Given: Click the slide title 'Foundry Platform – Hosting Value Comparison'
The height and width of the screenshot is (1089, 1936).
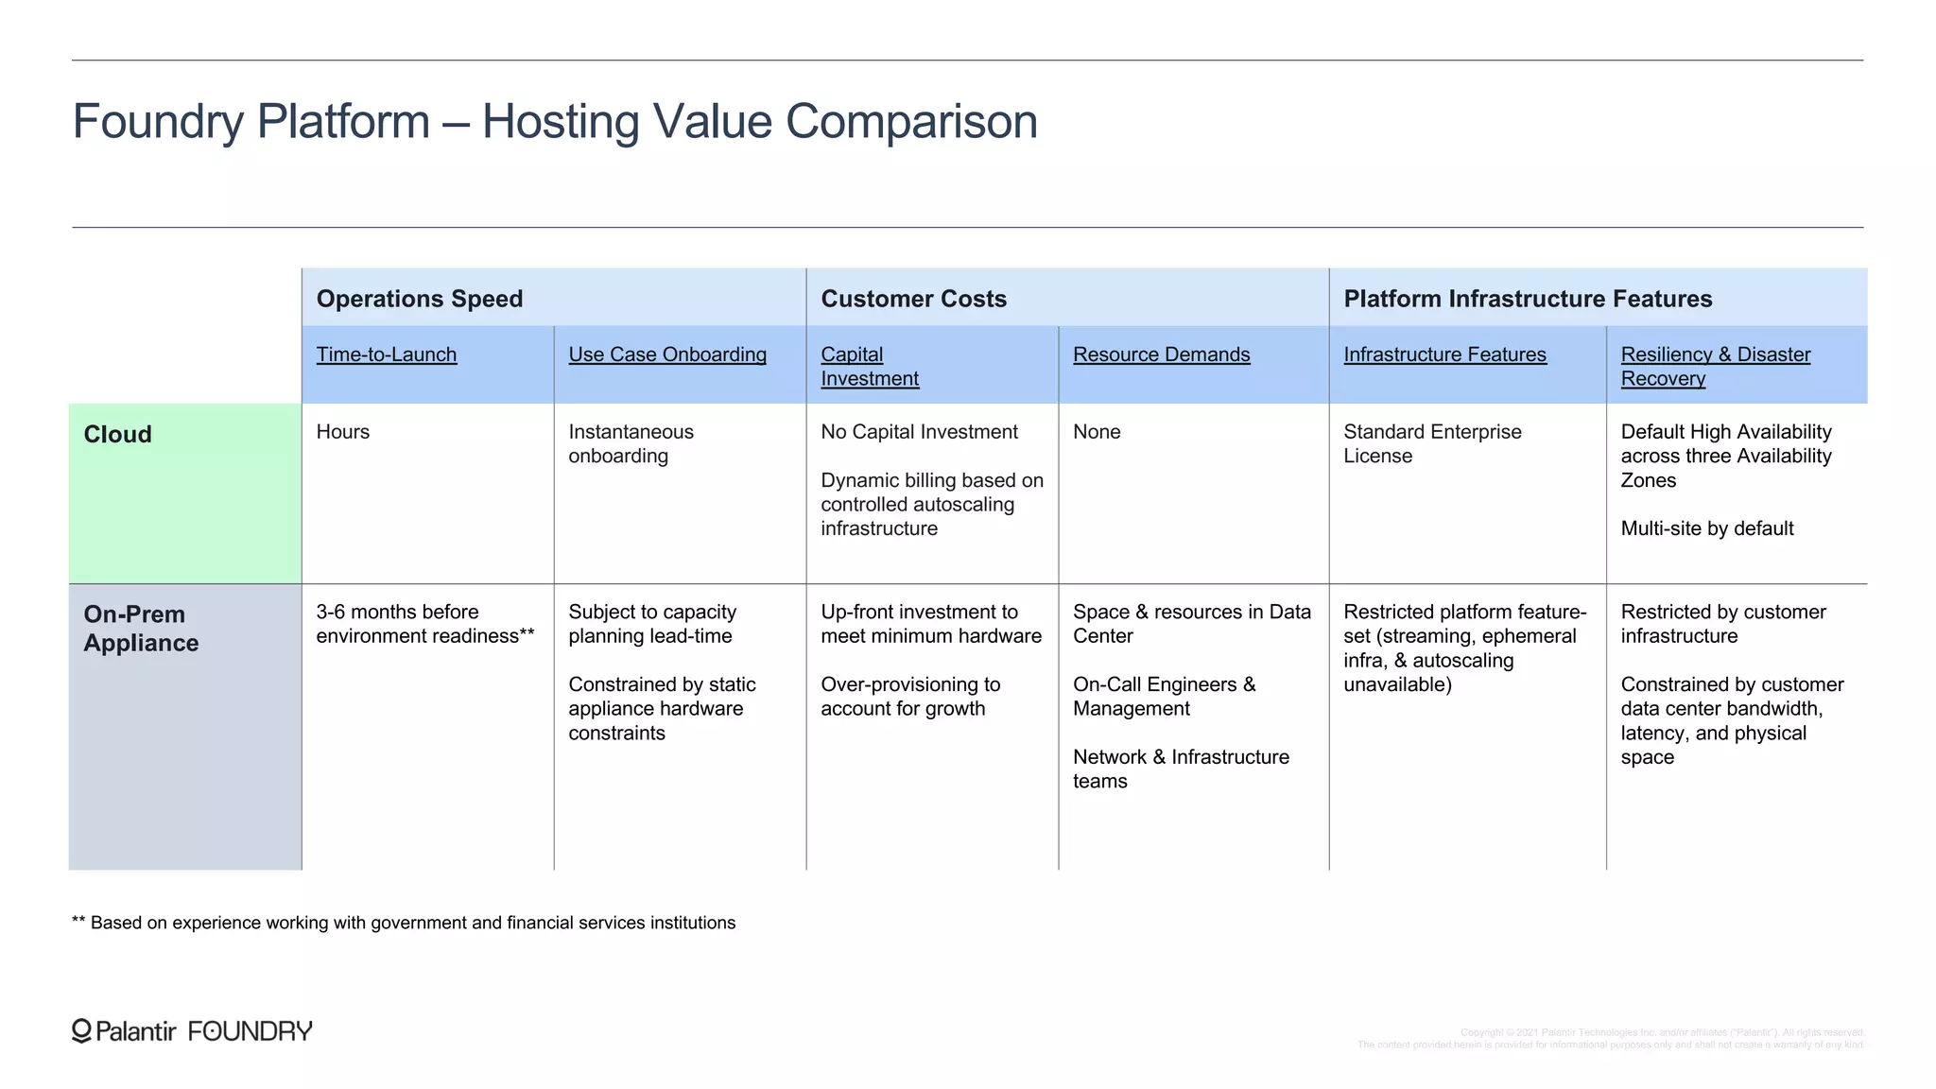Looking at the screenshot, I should [x=555, y=122].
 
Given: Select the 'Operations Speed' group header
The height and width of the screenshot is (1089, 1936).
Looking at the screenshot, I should [x=420, y=299].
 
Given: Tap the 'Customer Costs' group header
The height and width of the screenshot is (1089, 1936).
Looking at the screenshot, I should [x=913, y=299].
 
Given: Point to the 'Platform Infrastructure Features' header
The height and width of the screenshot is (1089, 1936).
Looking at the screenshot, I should [x=1528, y=299].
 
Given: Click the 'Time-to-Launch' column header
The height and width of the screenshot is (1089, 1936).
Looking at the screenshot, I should [x=387, y=354].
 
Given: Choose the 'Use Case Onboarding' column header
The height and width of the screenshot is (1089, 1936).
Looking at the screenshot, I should [x=667, y=354].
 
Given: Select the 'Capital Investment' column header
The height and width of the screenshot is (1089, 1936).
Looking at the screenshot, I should [x=870, y=366].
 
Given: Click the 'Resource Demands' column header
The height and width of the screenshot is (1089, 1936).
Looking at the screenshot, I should [x=1161, y=354].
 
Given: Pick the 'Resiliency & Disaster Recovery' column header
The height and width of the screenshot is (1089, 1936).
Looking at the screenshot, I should [x=1715, y=366].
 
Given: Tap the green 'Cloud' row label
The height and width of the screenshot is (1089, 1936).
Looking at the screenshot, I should [x=118, y=435].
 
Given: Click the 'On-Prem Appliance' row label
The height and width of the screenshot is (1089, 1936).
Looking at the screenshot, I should [x=141, y=629].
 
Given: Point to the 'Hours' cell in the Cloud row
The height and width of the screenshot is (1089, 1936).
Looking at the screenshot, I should [x=343, y=432].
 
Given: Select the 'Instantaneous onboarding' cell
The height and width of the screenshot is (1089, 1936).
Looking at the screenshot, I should [x=631, y=443].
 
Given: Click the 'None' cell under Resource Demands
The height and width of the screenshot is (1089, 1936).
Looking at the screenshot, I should [x=1097, y=432].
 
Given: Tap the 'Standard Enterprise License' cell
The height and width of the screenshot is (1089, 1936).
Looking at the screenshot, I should [x=1432, y=443].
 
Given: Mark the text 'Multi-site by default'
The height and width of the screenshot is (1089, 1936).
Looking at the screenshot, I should [x=1707, y=528].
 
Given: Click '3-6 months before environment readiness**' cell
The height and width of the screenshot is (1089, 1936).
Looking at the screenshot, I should [x=425, y=624].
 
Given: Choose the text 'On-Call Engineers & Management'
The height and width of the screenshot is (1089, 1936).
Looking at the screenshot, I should [x=1164, y=697].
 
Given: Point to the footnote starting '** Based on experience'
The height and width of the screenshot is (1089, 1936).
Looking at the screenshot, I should [x=404, y=923].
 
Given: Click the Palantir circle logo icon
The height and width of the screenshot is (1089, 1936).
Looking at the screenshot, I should [x=82, y=1030].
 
